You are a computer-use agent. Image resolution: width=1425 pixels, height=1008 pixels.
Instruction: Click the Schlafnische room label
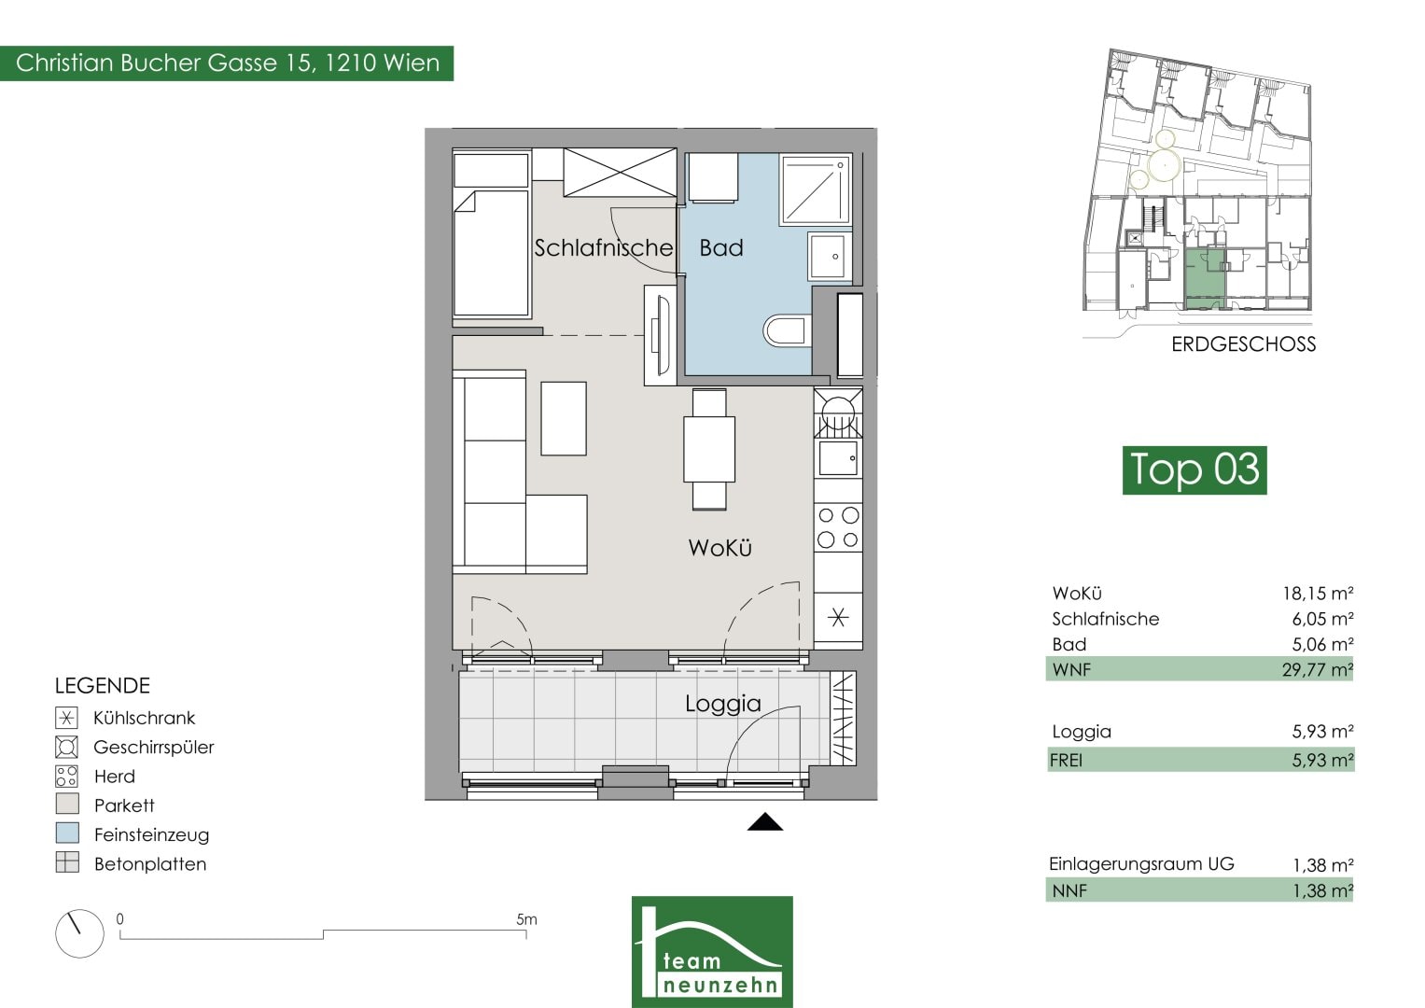coord(603,247)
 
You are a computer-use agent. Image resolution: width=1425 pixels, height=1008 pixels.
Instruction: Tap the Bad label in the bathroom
coord(720,247)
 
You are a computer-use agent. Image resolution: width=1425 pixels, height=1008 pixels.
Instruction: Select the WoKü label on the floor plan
coord(719,547)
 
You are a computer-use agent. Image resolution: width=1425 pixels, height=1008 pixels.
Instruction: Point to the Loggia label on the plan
coord(722,703)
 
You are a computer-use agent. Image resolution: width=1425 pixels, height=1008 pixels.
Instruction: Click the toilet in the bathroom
coord(787,329)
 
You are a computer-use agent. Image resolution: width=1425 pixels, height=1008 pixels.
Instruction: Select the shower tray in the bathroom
coord(817,189)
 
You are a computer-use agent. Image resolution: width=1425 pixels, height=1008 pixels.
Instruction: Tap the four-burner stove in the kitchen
coord(838,527)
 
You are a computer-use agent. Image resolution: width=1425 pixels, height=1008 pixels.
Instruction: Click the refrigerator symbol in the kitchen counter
coord(838,617)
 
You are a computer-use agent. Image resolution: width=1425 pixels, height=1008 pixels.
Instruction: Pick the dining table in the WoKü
coord(708,449)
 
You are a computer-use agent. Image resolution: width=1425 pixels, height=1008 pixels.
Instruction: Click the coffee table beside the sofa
coord(563,418)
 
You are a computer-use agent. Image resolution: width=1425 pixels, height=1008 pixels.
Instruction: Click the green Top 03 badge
coord(1194,470)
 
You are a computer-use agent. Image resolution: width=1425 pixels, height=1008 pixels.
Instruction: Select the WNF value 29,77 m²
coord(1317,669)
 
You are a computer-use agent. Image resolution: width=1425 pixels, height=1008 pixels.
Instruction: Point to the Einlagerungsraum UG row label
coord(1141,863)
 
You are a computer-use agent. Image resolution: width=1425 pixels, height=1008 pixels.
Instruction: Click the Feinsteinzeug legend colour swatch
coord(67,833)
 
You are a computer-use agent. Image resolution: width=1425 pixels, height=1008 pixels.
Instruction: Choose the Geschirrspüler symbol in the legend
coord(67,747)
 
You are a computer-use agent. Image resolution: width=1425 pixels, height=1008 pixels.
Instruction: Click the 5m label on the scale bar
coord(526,919)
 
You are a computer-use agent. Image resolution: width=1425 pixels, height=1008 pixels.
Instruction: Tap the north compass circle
coord(79,933)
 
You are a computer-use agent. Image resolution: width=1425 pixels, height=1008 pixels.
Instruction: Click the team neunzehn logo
coord(712,952)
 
